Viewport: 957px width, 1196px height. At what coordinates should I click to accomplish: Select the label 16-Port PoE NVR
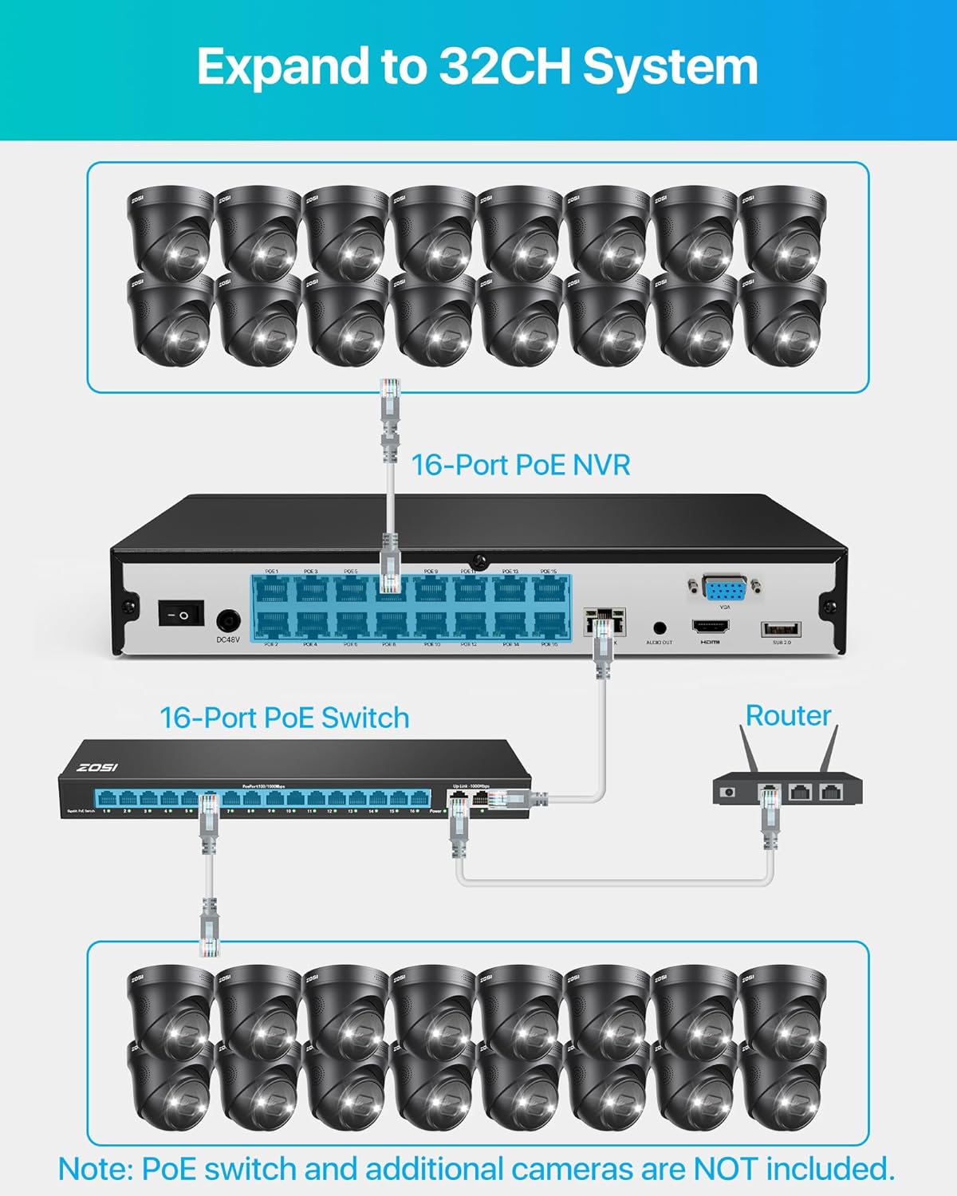pos(520,465)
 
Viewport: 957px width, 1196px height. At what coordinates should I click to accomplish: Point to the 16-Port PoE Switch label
pos(285,718)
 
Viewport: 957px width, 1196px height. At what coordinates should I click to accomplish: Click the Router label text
pos(788,715)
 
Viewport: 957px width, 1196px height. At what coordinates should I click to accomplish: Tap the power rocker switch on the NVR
pos(181,614)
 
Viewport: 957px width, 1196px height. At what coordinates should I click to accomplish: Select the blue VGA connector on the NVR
pos(724,589)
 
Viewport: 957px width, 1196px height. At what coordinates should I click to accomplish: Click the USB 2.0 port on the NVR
pos(782,629)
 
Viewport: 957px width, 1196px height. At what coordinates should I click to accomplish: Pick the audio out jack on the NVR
pos(660,629)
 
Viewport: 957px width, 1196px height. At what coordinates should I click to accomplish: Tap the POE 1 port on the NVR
pos(273,590)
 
